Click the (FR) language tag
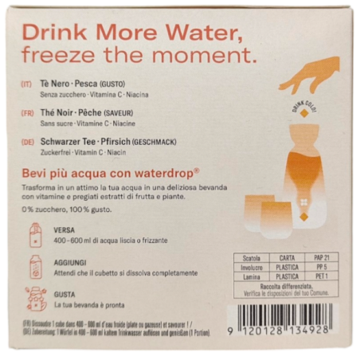pos(29,113)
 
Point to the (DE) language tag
pos(29,141)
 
